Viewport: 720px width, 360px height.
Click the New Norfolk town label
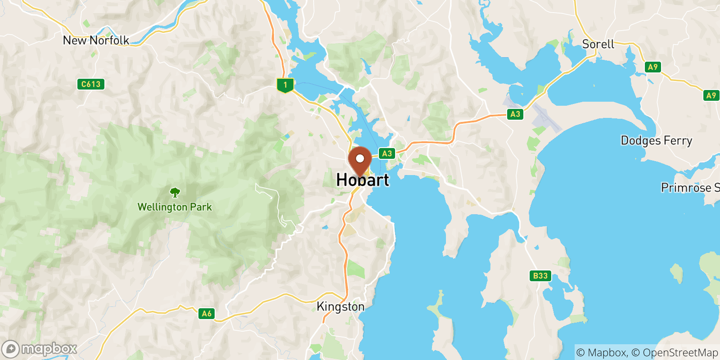[96, 40]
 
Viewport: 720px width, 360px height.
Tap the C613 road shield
[90, 84]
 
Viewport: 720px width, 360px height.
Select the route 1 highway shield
[285, 85]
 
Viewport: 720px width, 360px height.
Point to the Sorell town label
[598, 44]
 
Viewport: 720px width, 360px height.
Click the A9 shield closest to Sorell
[652, 67]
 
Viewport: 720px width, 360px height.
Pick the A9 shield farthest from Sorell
[711, 95]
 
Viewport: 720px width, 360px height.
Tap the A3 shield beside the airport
[515, 114]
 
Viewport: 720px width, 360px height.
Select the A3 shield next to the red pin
[387, 153]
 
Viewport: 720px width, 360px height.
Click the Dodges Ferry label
[656, 141]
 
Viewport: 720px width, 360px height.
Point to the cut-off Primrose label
[690, 188]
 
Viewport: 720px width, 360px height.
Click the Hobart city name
[363, 180]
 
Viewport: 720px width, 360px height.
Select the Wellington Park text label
[175, 207]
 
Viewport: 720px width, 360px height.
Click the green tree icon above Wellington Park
[175, 193]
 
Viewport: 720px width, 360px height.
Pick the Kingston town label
[341, 307]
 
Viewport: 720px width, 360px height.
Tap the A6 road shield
[207, 314]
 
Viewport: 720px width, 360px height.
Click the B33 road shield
[540, 276]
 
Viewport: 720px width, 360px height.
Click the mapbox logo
[40, 349]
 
